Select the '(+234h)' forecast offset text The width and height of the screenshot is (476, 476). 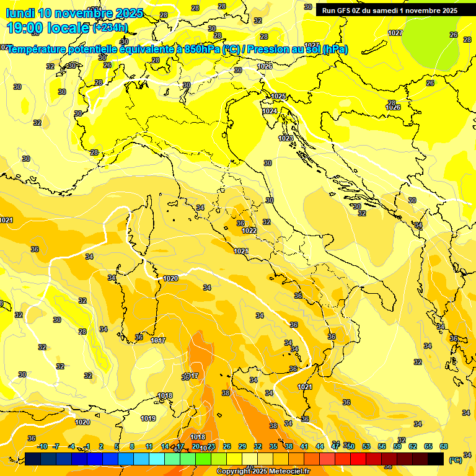click(x=110, y=28)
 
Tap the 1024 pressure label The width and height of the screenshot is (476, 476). click(x=270, y=112)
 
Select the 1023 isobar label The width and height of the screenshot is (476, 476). click(x=286, y=138)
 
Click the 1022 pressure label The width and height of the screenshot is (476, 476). click(x=250, y=231)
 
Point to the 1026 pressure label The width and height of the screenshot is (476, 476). click(x=393, y=107)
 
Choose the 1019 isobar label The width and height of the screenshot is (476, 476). click(x=148, y=418)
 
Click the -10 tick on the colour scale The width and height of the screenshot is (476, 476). click(x=42, y=446)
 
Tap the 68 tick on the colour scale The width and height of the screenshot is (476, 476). click(x=444, y=446)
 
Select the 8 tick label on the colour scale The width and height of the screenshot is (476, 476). click(x=132, y=446)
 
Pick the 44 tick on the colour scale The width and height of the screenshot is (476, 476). click(x=320, y=446)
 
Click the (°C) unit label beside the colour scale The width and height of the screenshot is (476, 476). click(x=456, y=460)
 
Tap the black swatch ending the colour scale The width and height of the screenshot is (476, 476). click(x=436, y=459)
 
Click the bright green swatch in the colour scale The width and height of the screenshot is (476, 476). click(x=203, y=459)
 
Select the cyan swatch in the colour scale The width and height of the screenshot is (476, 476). click(x=157, y=459)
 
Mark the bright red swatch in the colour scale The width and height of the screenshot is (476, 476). click(x=358, y=459)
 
